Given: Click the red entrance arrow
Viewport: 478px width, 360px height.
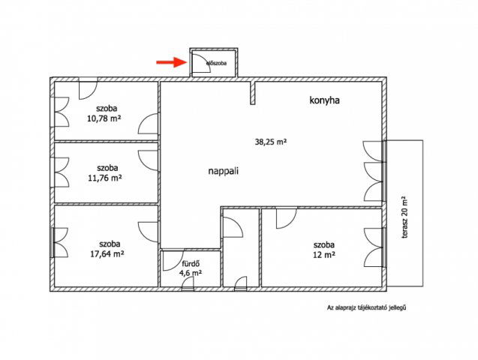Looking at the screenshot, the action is [x=171, y=62].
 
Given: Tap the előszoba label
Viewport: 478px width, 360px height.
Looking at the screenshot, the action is [x=216, y=64].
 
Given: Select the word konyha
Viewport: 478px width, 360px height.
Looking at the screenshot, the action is [x=324, y=100].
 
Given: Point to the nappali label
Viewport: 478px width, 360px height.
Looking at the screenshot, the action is [x=223, y=171].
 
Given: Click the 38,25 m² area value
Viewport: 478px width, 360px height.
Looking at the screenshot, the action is [x=271, y=142].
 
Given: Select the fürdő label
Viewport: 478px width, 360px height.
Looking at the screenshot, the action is [x=191, y=264].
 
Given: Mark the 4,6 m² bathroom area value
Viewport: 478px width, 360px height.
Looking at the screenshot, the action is [x=191, y=273].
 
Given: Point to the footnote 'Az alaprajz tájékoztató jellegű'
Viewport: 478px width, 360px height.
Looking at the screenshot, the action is [x=366, y=308].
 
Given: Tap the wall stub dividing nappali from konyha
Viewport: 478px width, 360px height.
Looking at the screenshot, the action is [x=252, y=93].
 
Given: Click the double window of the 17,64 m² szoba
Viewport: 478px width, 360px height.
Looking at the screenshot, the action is [x=60, y=243].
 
